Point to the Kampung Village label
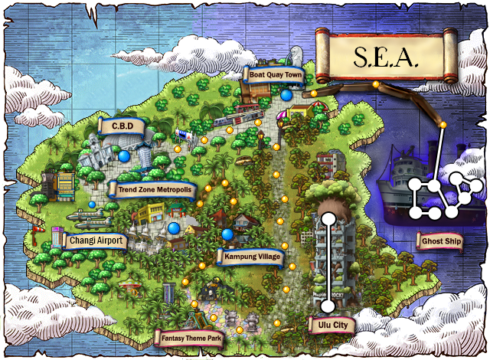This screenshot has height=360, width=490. (252, 256)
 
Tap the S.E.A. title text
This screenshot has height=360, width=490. (387, 56)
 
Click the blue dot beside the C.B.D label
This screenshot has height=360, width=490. (124, 155)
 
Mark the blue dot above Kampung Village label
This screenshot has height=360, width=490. (227, 234)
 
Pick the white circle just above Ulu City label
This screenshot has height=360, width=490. (328, 306)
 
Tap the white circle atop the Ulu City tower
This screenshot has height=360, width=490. (328, 217)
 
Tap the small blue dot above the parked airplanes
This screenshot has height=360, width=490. (92, 205)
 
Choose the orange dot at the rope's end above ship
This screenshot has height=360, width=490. (443, 124)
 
